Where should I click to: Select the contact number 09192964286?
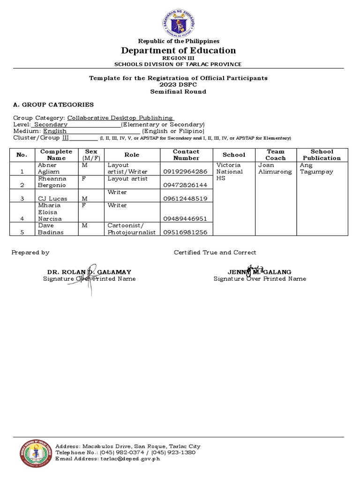185,172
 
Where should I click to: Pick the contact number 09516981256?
185,232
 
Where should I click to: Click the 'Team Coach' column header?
275,155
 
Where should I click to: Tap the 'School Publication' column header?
322,155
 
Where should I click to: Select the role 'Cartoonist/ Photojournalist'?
131,229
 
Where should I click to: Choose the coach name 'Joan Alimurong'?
275,168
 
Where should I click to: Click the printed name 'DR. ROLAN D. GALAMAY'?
89,272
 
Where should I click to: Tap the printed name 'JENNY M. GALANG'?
259,272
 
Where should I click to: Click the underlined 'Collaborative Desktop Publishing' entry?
120,118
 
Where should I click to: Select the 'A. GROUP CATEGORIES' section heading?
53,105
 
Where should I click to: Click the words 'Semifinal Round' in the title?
178,91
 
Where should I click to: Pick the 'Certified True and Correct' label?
215,252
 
